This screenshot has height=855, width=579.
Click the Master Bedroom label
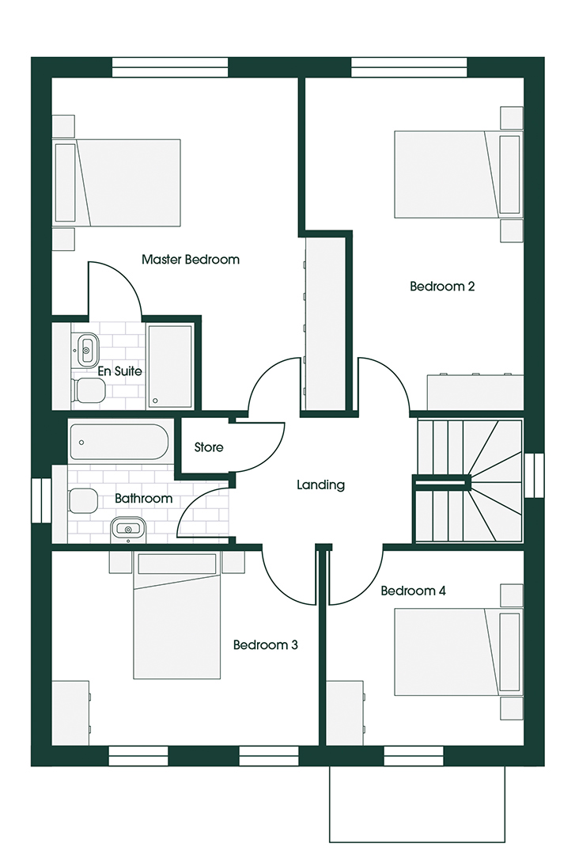pos(190,260)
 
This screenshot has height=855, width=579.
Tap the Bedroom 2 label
pos(442,287)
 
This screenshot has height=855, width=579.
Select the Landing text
pos(321,484)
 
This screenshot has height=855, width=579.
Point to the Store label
pos(209,447)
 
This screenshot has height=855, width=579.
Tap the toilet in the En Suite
pos(89,390)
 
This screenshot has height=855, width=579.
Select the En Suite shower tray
pos(169,366)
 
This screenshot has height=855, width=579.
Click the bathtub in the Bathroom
pos(119,443)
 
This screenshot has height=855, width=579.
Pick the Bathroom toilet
pos(82,501)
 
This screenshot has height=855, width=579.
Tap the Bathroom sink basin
pos(129,529)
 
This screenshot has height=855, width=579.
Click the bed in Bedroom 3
pos(177,615)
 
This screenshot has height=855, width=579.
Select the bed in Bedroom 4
pos(457,652)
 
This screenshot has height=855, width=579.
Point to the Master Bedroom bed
pos(117,183)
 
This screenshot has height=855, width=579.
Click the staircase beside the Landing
pos(469,481)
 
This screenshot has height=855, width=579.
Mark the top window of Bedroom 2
pos(409,67)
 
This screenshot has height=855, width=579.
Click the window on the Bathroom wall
pos(41,500)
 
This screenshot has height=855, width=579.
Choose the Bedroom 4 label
pos(414,591)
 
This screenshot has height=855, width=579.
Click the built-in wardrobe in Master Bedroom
pos(325,323)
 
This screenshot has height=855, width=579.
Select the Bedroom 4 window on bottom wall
pos(414,756)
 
